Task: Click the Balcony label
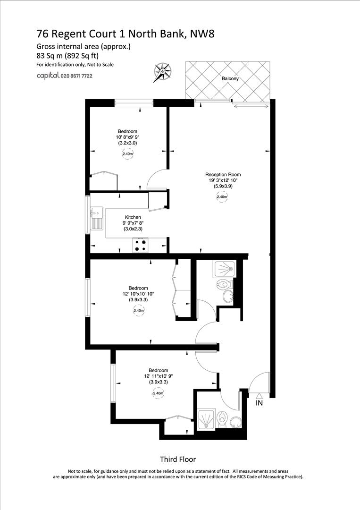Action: (230, 79)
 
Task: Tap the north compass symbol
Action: (162, 72)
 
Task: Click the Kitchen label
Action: (133, 217)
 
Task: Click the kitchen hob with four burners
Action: (141, 245)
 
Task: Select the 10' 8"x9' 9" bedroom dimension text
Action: (127, 137)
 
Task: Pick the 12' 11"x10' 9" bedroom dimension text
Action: (158, 376)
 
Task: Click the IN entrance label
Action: (259, 403)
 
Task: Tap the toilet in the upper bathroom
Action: (225, 284)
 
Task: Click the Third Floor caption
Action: (177, 459)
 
